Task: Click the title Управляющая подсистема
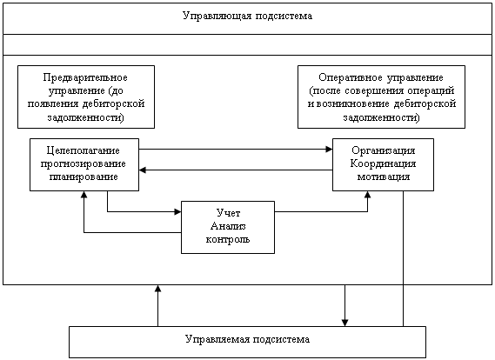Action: tap(247, 17)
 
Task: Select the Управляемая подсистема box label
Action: tap(247, 339)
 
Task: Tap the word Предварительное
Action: tap(85, 77)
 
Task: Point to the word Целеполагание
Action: tap(84, 150)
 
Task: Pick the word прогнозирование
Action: tap(84, 163)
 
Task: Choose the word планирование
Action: tap(84, 177)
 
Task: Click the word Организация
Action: tap(384, 150)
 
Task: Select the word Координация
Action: tap(384, 163)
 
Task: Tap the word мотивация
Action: tap(384, 177)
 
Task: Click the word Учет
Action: tap(228, 213)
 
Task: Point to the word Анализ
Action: tap(228, 226)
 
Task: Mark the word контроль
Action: tap(228, 239)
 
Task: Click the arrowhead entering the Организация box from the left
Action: tap(329, 150)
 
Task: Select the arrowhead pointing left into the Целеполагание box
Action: tap(143, 170)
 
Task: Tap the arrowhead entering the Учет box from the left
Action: tap(178, 211)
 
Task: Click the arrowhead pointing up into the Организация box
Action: tap(367, 195)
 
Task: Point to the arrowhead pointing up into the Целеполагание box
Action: tap(84, 195)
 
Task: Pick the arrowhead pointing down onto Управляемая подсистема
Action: tap(344, 323)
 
